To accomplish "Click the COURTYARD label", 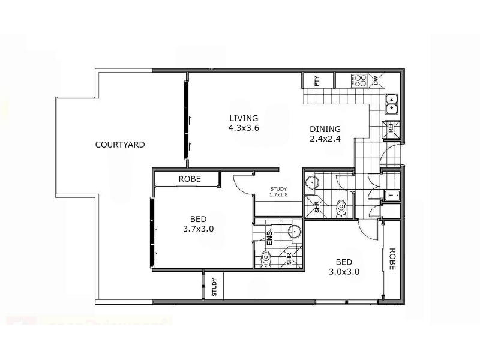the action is (120, 145).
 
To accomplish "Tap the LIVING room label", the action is (244, 118).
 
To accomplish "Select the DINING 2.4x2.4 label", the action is (325, 134).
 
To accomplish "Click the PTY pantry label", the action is (317, 80).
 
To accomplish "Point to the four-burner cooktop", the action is (359, 80).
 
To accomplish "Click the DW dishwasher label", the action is (376, 80).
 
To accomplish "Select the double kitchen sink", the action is (391, 104).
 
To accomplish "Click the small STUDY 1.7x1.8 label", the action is (278, 191).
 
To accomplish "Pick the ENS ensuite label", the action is (269, 238).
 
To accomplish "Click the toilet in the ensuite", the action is (266, 259).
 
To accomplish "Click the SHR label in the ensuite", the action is (289, 259).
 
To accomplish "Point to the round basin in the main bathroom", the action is (312, 183).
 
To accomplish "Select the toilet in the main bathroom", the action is (341, 209).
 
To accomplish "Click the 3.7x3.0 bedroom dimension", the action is (199, 229).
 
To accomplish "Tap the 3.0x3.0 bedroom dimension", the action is (344, 272).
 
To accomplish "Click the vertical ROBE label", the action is (392, 259).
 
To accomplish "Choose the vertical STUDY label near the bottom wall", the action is (214, 287).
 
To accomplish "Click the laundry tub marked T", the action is (392, 195).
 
